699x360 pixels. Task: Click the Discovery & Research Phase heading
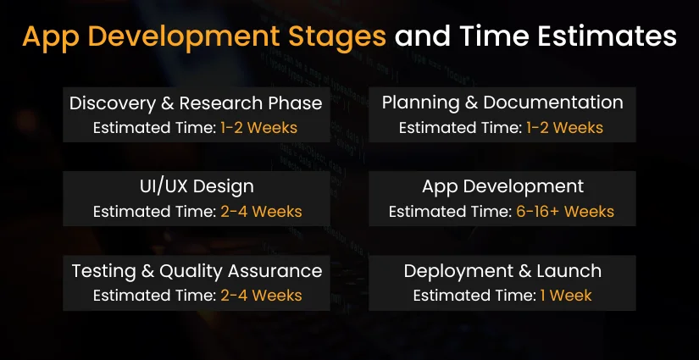coord(196,103)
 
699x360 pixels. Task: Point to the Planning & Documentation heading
coord(502,102)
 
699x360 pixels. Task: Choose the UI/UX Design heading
coord(196,186)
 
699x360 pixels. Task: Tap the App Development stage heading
coord(502,186)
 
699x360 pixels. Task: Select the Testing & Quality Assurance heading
coord(196,270)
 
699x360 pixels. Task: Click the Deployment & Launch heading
coord(502,271)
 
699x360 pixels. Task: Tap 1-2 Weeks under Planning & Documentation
coord(565,128)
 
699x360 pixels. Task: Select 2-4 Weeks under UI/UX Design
coord(259,212)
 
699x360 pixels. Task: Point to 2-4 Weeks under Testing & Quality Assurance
coord(259,296)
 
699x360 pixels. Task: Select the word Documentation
coord(551,102)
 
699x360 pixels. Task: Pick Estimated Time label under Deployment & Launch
coord(473,296)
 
